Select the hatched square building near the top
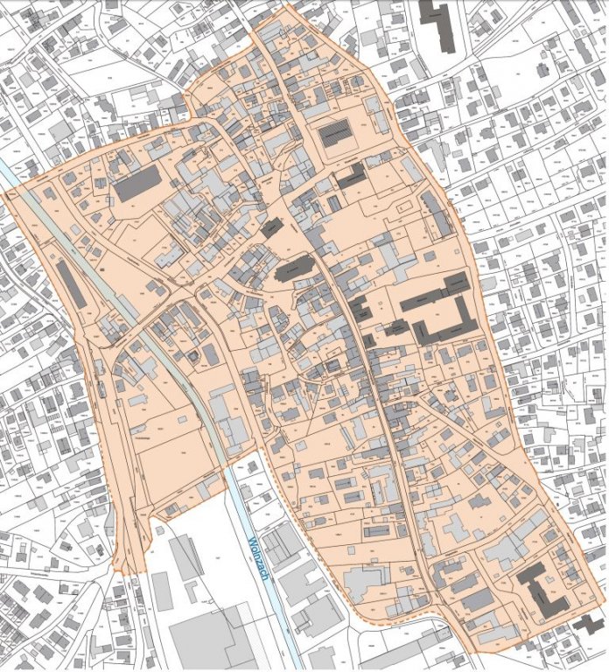334,135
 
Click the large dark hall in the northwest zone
137,183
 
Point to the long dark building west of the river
72,282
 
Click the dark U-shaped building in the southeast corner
542,591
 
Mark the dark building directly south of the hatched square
352,176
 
